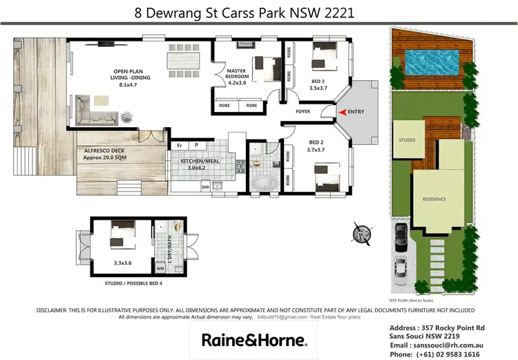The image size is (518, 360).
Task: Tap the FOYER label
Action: point(303,111)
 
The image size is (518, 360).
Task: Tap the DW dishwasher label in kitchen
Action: point(205,186)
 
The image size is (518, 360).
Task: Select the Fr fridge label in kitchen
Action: point(180,145)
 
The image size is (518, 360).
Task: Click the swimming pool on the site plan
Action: point(430,62)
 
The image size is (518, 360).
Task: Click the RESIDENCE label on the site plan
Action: point(434,199)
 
